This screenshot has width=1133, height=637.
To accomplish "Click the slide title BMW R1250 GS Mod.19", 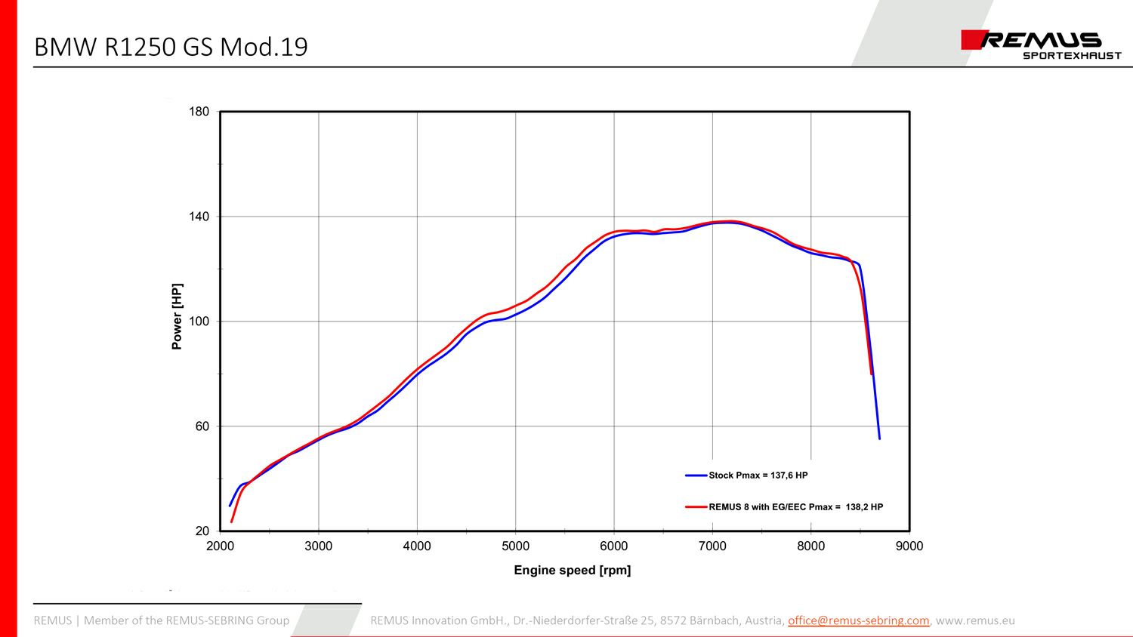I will coord(171,47).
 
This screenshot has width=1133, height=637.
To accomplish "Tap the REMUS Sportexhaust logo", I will coord(1041,45).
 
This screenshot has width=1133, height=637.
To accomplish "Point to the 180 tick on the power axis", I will coord(199,112).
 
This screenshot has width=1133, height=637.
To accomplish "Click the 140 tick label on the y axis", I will coord(199,217).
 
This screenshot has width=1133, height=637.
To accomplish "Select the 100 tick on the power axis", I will coord(199,322).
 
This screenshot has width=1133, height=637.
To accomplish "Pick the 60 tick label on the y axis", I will coord(202,426).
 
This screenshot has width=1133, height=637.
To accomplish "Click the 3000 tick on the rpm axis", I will coord(318,546).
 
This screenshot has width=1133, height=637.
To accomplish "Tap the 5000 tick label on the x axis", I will coord(515,546).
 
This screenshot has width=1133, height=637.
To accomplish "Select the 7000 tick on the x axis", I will coord(712,546).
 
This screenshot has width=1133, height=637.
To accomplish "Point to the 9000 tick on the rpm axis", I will coord(909,546).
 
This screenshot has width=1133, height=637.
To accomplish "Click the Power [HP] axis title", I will coord(177,317).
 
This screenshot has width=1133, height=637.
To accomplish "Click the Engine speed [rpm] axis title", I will coord(572,571).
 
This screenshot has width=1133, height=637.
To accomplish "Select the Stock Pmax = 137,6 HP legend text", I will coord(758,475).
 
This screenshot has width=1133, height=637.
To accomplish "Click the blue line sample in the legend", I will coord(696,475).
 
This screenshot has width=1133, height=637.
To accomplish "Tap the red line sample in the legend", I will coord(696,507).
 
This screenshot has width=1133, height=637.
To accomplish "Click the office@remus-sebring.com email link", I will coord(858,620).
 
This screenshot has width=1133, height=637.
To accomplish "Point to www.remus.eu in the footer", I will coord(975,620).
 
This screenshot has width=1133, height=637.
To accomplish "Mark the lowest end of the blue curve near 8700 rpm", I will coord(879,439).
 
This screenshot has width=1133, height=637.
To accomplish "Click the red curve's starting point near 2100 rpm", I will coord(231,522).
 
